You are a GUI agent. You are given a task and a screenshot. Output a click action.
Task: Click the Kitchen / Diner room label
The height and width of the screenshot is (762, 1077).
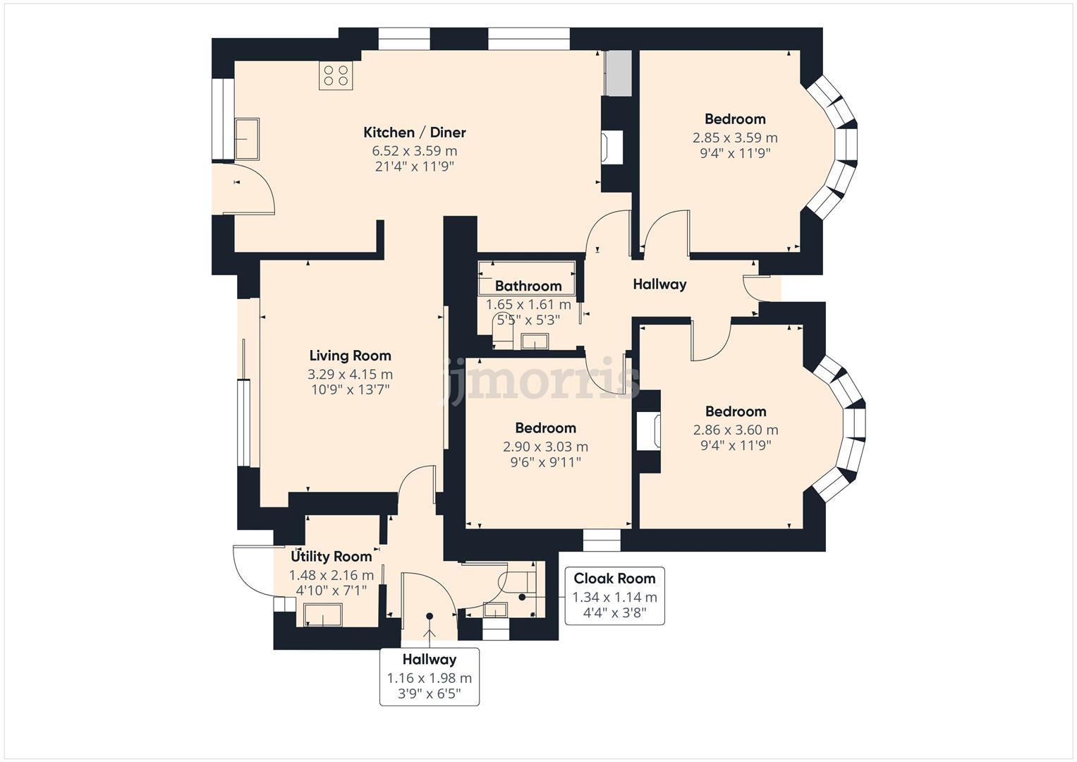[414, 133]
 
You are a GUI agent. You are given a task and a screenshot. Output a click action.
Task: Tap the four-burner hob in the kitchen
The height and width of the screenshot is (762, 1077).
[336, 75]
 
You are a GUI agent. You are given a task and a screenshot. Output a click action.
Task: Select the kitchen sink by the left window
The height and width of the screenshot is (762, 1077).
[246, 139]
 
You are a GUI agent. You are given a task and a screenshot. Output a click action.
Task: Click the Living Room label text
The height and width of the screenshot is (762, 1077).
[350, 356]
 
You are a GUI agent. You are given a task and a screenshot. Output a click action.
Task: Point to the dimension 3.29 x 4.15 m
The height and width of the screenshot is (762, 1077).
[350, 375]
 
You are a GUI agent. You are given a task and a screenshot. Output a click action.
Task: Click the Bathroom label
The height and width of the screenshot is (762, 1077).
[528, 286]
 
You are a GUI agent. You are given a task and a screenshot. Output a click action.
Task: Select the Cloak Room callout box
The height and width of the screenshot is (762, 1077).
[614, 596]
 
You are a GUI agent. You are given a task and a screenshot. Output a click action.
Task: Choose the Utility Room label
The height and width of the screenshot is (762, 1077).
[331, 557]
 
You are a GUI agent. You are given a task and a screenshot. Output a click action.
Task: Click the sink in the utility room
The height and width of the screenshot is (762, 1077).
[323, 615]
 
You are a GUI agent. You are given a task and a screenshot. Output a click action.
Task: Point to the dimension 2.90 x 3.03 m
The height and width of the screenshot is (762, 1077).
[545, 447]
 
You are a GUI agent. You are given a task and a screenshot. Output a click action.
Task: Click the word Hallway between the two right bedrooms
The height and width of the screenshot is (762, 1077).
[659, 284]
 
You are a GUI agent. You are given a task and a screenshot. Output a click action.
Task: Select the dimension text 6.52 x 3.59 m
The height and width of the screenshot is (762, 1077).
[414, 151]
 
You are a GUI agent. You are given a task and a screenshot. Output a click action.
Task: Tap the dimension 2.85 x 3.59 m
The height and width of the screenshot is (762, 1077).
[735, 138]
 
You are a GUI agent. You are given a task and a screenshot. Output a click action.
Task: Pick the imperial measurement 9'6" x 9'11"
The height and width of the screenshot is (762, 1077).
[545, 463]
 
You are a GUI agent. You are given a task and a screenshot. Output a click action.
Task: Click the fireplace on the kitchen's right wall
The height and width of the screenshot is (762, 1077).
[611, 147]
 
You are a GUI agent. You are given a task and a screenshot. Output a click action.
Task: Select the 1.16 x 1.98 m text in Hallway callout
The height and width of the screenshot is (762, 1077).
[429, 678]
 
